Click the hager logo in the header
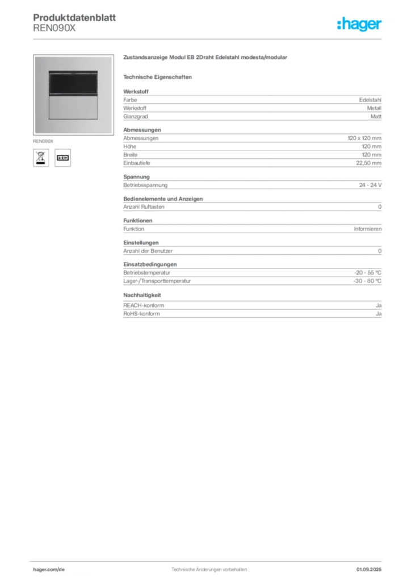[x=359, y=24]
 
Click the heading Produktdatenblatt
[x=74, y=18]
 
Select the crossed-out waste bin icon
[x=41, y=158]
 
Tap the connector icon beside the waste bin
[x=62, y=158]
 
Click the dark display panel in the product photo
[x=73, y=83]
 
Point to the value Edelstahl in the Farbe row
[x=370, y=100]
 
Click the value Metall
[x=374, y=108]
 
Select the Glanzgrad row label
[x=136, y=116]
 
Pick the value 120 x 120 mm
[x=364, y=138]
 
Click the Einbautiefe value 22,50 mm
[x=368, y=163]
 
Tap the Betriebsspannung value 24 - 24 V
[x=370, y=185]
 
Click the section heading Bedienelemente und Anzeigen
[x=163, y=199]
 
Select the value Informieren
[x=368, y=229]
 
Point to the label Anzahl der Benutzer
[x=148, y=251]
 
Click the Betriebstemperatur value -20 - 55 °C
[x=368, y=273]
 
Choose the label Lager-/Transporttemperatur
[x=157, y=281]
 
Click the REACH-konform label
[x=144, y=305]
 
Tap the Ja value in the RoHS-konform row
[x=379, y=314]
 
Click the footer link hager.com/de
[x=49, y=570]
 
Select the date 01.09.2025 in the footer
[x=369, y=570]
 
